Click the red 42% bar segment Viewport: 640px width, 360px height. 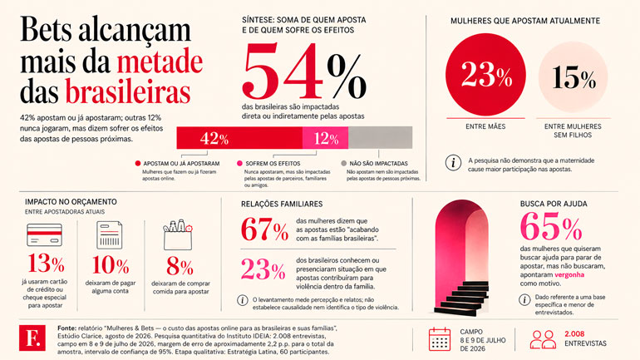tap(239, 138)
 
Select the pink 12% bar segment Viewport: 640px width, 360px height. tap(325, 138)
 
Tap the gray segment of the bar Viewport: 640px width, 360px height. tap(380, 138)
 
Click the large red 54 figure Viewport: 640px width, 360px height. tap(283, 71)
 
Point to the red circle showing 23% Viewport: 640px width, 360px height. tap(485, 75)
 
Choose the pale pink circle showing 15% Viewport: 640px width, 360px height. tap(573, 76)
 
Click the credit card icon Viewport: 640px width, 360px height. tap(45, 234)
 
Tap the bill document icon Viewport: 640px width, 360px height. tap(110, 235)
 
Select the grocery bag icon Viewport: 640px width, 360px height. tap(178, 235)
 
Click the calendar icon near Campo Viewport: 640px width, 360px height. tap(440, 339)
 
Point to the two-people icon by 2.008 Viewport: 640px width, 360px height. tap(543, 339)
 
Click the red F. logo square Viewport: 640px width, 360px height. tap(32, 338)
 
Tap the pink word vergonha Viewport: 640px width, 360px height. tap(569, 274)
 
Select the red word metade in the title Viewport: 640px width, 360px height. tap(160, 62)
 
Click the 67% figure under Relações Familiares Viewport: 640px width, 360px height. tap(264, 229)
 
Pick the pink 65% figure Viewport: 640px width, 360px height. tap(551, 227)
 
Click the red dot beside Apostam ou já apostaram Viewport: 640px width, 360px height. tap(138, 163)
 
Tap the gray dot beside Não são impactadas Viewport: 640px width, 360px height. tap(343, 163)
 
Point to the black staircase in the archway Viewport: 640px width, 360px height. tap(461, 298)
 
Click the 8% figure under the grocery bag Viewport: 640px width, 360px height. tap(180, 267)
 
